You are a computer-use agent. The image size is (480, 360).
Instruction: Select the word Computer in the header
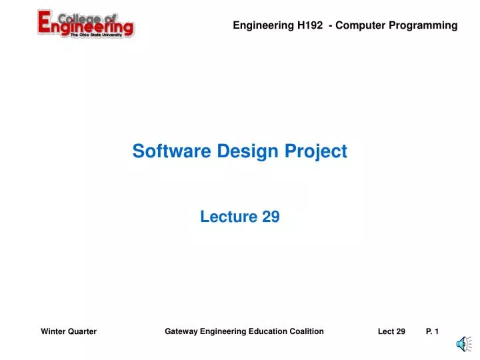click(x=363, y=25)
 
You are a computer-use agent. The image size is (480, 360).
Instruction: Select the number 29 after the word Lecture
click(x=270, y=216)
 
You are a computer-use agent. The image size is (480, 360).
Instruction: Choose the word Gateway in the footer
click(x=181, y=331)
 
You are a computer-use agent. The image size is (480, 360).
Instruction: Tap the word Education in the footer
click(x=268, y=331)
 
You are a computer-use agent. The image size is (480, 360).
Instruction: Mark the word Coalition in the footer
click(x=306, y=331)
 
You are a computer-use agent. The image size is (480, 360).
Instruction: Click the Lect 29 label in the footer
click(x=391, y=331)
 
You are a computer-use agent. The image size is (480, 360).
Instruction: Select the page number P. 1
click(x=432, y=331)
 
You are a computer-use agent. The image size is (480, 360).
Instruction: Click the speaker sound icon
click(x=461, y=344)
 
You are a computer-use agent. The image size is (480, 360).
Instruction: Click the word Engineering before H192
click(x=263, y=25)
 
